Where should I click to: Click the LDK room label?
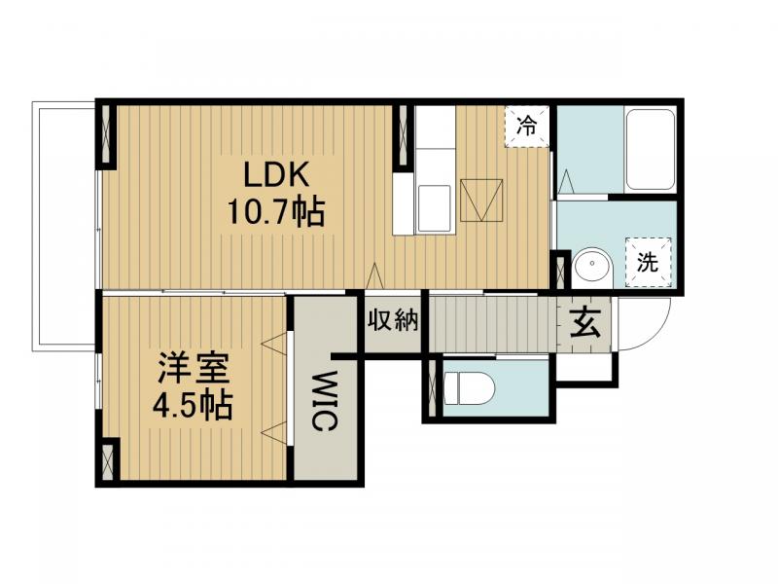[x=276, y=176]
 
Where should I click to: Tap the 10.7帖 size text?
[x=276, y=211]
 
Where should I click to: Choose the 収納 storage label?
[x=393, y=320]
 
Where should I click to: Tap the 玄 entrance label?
[x=585, y=321]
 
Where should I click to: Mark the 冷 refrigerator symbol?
[x=526, y=126]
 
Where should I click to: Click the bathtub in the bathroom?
[x=650, y=150]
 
